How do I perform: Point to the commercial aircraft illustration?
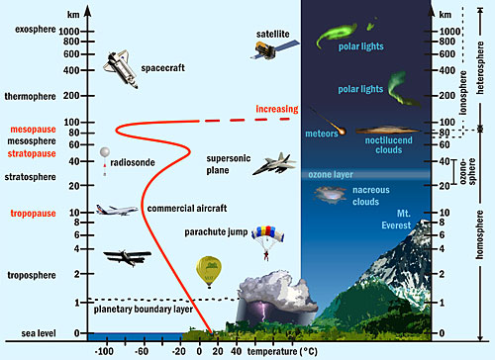[117, 211]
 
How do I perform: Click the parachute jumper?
[264, 240]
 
